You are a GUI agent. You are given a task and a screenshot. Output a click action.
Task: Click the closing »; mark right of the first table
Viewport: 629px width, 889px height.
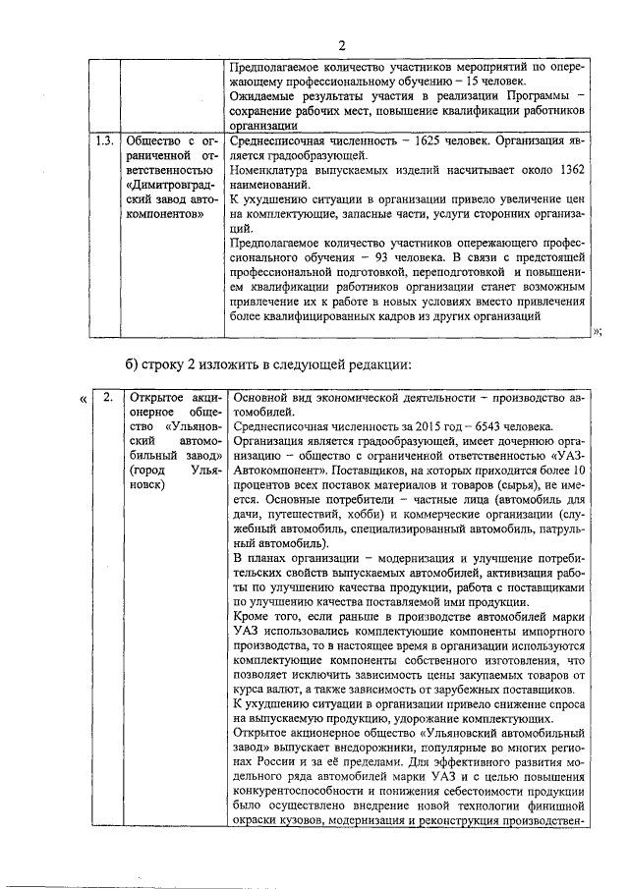[597, 331]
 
